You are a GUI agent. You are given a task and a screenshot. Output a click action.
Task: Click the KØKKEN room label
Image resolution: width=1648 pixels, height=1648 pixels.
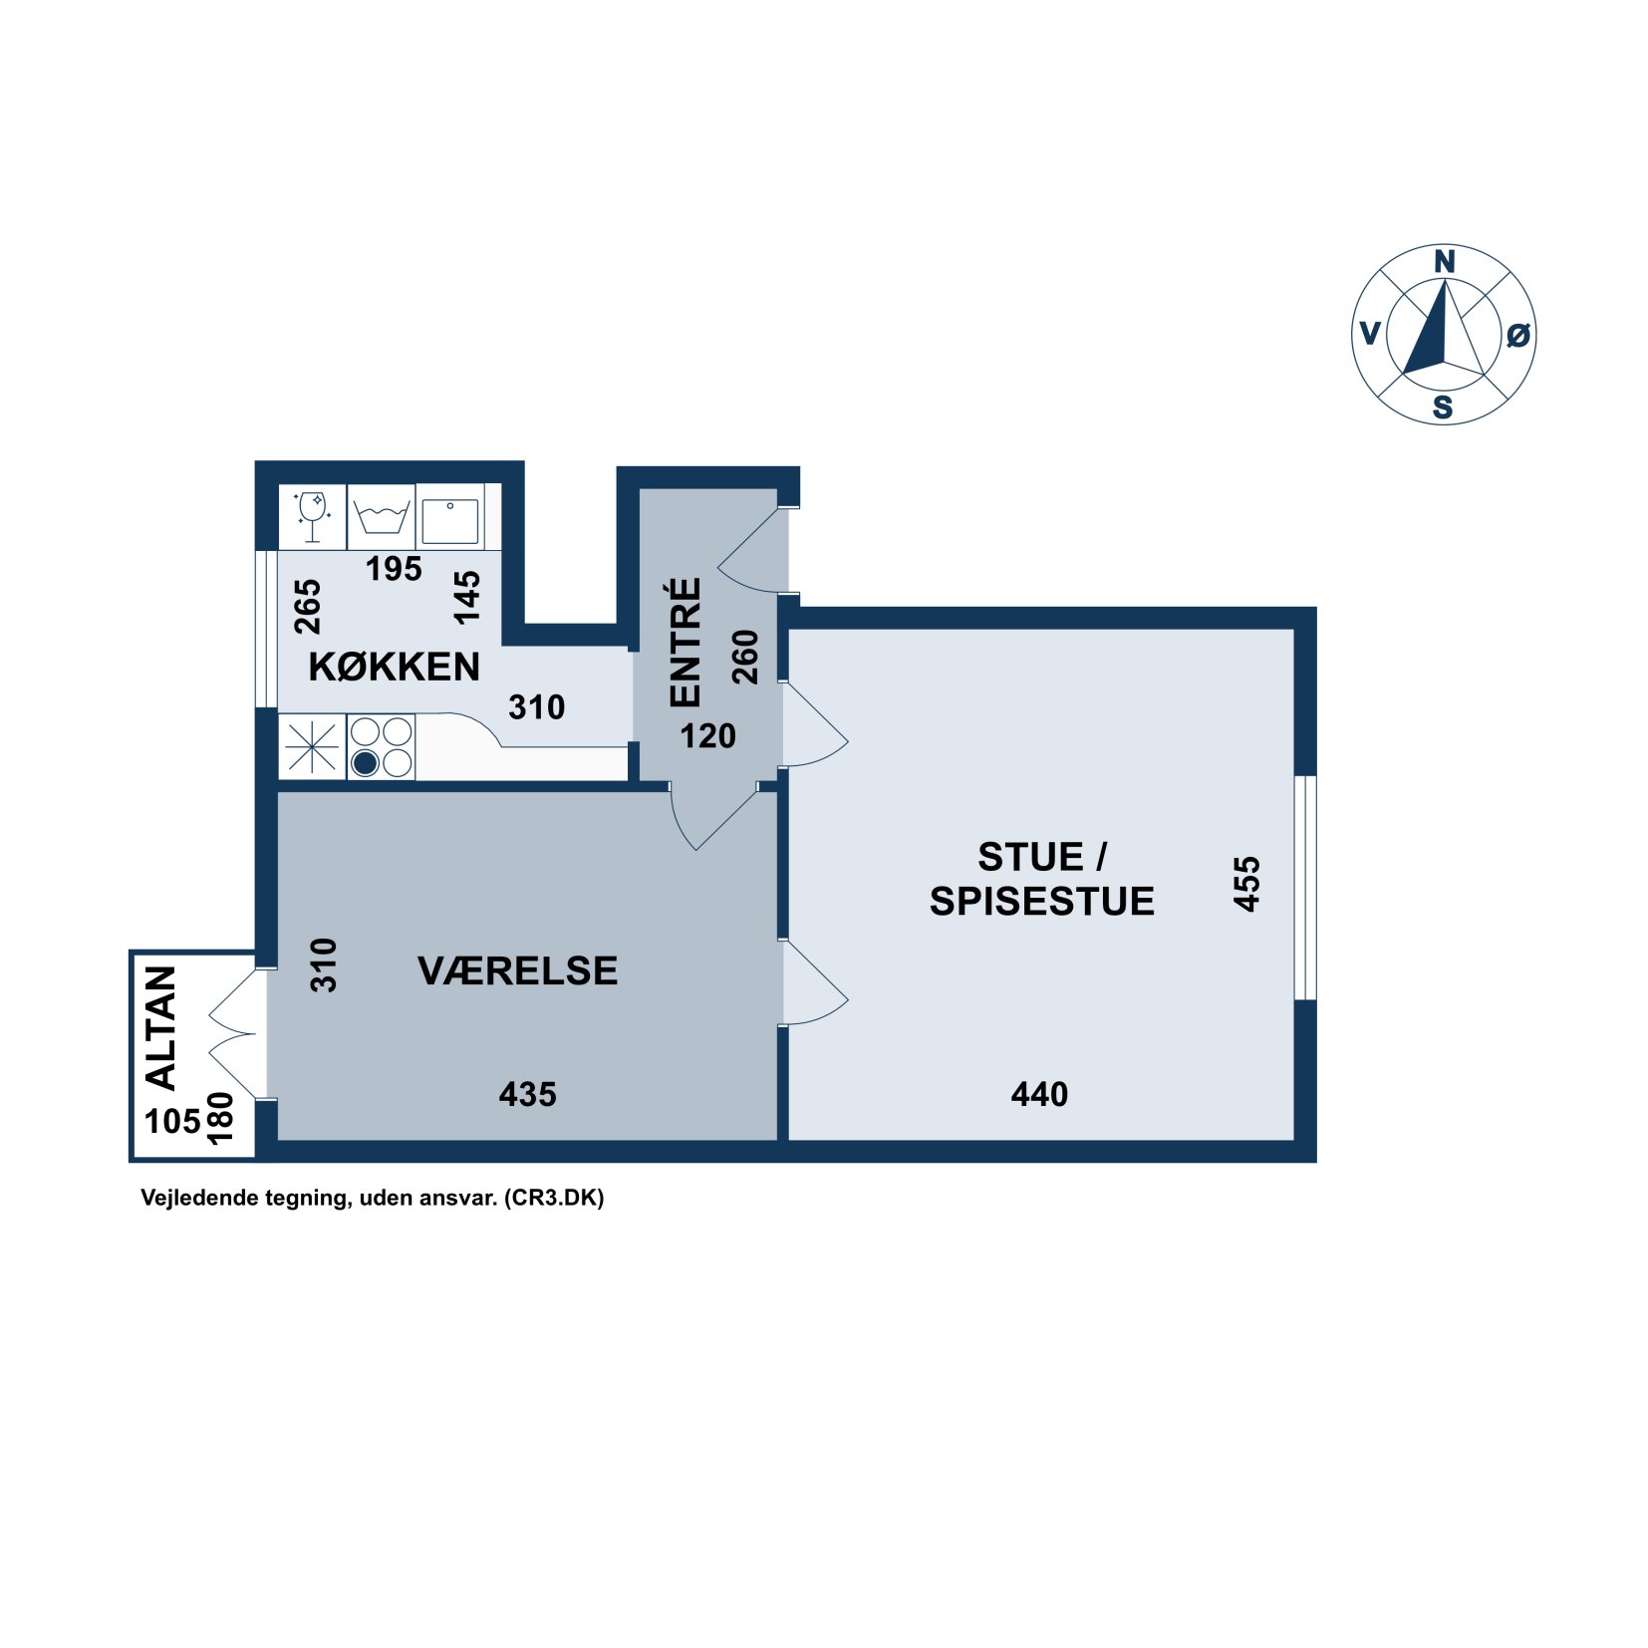tap(394, 666)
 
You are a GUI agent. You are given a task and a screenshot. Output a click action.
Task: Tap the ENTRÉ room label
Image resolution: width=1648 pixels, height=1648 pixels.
tap(686, 643)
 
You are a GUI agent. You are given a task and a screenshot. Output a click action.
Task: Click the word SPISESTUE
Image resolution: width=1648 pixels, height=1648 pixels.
tap(1041, 901)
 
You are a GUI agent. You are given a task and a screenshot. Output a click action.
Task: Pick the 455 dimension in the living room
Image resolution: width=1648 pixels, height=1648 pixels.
tap(1246, 883)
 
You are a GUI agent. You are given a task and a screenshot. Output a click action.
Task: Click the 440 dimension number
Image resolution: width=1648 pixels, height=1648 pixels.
tap(1039, 1094)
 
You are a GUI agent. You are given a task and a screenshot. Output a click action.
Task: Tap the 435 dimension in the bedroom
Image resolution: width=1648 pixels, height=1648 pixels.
tap(527, 1094)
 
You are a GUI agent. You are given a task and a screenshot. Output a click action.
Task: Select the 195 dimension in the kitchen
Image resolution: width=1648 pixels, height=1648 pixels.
tap(394, 568)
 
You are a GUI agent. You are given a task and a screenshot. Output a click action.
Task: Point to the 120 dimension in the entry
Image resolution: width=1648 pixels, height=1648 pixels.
tap(707, 735)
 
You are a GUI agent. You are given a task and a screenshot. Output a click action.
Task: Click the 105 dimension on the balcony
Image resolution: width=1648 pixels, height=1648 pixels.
tap(173, 1121)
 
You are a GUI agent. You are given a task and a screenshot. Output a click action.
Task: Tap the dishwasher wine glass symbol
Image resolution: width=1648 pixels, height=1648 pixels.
tap(312, 516)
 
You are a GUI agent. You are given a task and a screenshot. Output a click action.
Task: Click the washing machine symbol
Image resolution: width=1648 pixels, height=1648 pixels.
tap(382, 517)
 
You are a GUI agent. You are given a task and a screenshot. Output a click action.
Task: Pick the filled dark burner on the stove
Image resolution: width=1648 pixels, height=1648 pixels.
tap(366, 763)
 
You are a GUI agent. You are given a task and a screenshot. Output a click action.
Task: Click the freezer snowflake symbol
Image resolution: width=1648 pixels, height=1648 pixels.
tap(312, 747)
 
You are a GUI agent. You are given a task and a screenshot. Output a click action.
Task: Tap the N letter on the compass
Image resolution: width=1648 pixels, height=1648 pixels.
tap(1444, 262)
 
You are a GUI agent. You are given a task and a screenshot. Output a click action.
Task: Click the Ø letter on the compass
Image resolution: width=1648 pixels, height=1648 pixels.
tap(1517, 335)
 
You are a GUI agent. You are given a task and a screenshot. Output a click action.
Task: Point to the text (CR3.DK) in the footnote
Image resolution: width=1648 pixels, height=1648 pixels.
tap(554, 1197)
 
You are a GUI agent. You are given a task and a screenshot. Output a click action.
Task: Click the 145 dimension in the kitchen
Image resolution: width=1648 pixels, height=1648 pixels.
tap(466, 597)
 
